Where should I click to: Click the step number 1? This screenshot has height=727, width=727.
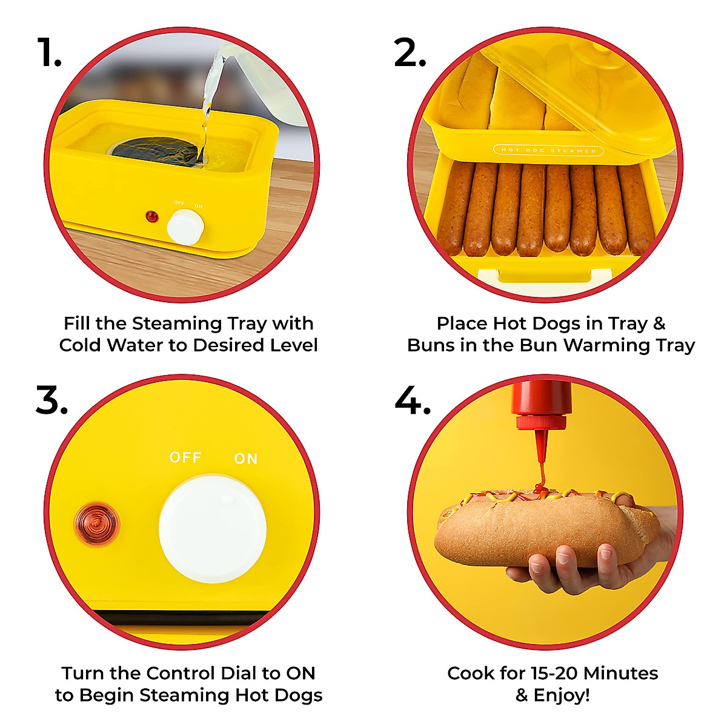tap(48, 53)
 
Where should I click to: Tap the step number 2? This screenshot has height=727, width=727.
tap(410, 53)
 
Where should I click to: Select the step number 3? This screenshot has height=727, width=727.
tap(51, 400)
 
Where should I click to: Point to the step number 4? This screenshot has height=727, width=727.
tap(412, 400)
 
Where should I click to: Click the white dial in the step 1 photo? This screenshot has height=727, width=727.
tap(185, 227)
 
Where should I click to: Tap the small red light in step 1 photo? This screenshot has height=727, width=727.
tap(150, 216)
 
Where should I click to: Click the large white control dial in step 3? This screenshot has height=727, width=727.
tap(213, 528)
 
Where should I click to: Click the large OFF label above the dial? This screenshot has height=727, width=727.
tap(185, 457)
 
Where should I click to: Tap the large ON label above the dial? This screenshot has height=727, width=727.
tap(246, 459)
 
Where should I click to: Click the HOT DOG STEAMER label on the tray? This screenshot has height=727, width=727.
tap(548, 150)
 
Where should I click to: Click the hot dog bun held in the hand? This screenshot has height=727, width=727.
tap(545, 533)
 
